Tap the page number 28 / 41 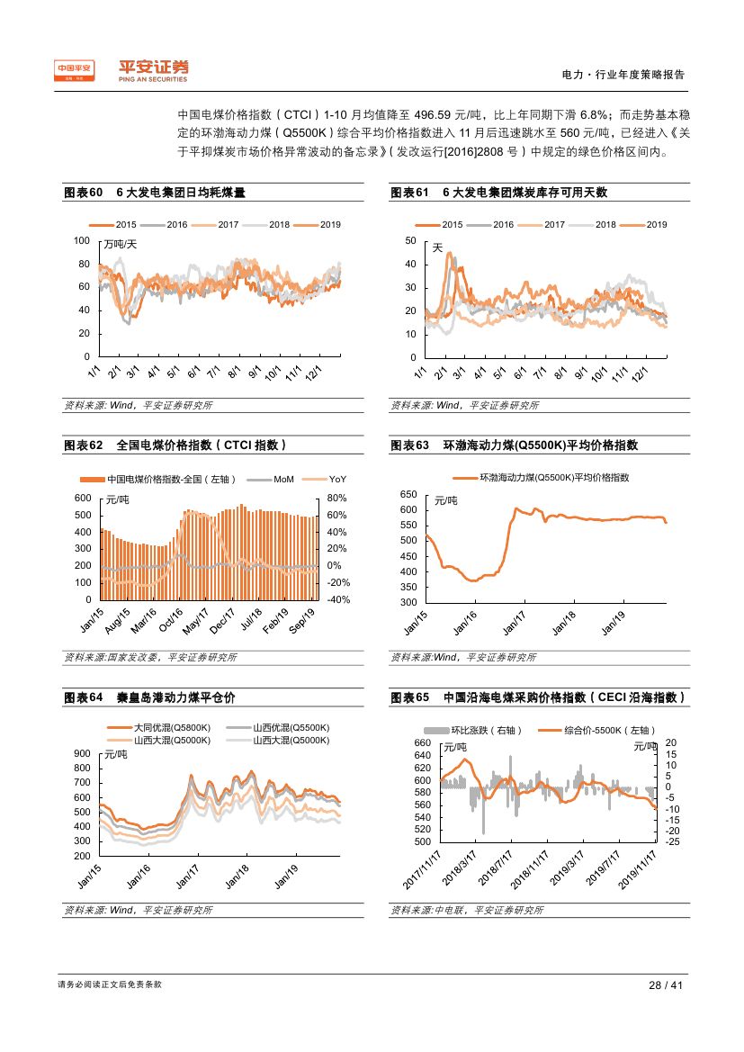click(x=667, y=985)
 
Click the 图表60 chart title click(x=155, y=193)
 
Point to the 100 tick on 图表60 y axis click(x=83, y=241)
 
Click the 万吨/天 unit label click(x=121, y=244)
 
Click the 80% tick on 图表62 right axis click(x=337, y=498)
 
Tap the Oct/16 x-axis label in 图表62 click(x=171, y=619)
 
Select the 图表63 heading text click(x=514, y=445)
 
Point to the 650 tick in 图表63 click(x=409, y=495)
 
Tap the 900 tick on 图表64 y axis click(x=82, y=754)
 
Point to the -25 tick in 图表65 click(x=672, y=841)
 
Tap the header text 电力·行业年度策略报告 click(x=623, y=76)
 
